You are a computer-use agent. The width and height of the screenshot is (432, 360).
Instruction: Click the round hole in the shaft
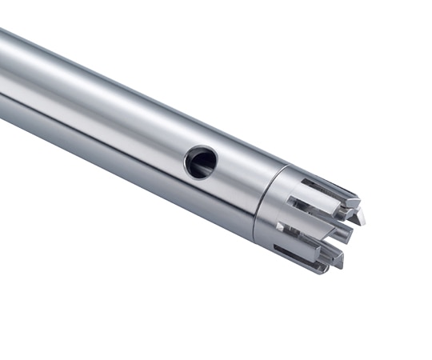pyautogui.click(x=200, y=162)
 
